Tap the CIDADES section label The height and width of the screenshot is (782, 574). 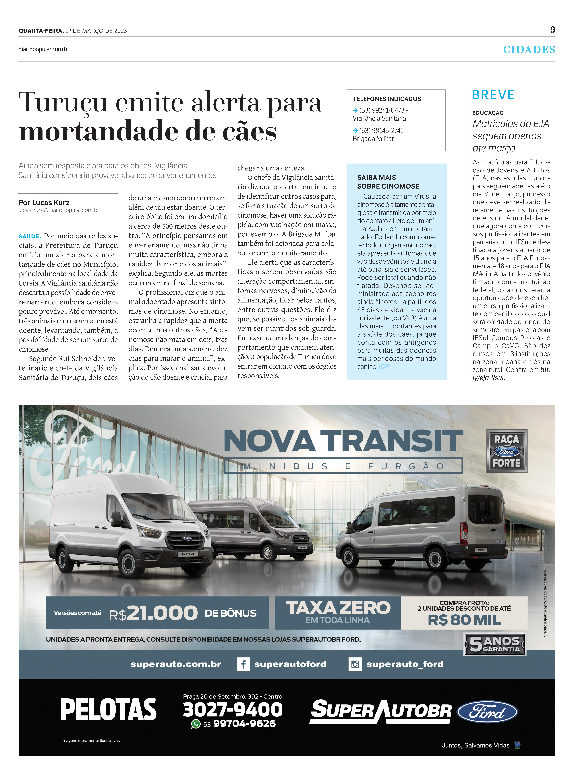(x=529, y=50)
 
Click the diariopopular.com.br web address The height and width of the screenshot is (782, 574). (x=44, y=49)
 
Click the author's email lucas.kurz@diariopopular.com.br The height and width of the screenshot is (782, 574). (x=59, y=210)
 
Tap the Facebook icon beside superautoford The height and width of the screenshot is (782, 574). (x=243, y=664)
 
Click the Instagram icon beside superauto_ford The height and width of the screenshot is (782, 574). (x=355, y=664)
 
